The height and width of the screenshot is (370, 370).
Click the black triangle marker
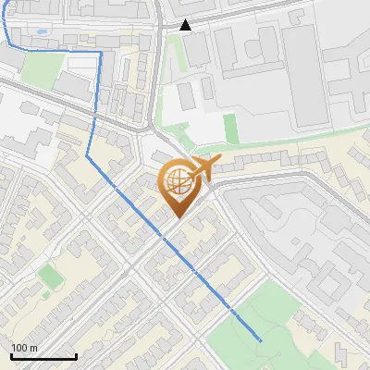[186, 25]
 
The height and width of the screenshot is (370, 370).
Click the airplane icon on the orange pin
[201, 168]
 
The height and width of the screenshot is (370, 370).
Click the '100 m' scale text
[24, 348]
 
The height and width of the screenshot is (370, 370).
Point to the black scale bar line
[43, 357]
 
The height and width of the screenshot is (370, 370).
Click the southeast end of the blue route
[261, 341]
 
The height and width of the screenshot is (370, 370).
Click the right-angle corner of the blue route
[99, 54]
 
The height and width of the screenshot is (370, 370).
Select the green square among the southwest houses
[52, 276]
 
